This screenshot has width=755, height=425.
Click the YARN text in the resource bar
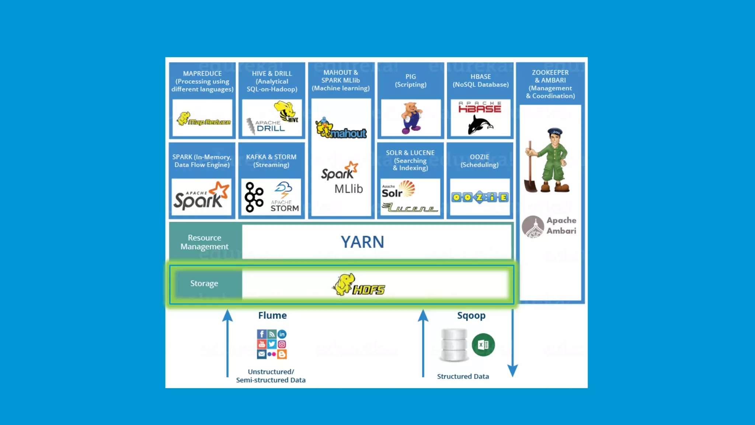point(362,242)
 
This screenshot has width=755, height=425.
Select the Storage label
point(204,283)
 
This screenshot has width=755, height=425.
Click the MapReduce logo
point(203,120)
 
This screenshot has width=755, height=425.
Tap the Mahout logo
point(341,129)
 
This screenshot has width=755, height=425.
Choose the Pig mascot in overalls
point(411,118)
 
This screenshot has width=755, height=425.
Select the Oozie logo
point(480,197)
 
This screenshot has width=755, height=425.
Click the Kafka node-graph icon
point(254,197)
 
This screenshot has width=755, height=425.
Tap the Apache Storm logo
point(284,197)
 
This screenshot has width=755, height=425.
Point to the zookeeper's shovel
point(530,170)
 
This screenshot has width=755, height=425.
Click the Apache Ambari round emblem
point(533,226)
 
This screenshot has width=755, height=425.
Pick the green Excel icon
point(483,345)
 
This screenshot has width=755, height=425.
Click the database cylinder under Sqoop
point(454,345)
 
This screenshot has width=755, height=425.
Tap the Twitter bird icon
point(272,344)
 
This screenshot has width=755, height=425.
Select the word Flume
point(272,315)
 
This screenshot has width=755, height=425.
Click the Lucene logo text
point(410,208)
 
